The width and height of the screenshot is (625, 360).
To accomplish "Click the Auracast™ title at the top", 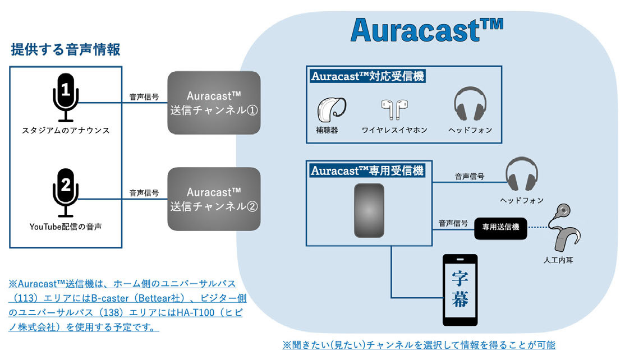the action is [426, 30].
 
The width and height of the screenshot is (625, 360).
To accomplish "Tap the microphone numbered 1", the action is [66, 98].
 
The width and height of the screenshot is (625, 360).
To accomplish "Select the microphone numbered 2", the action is [66, 193].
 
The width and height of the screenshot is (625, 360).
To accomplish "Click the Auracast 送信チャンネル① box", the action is [214, 103].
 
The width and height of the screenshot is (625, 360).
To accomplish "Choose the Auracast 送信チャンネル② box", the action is [214, 199].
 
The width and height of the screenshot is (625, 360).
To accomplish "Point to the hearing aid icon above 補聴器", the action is [331, 109].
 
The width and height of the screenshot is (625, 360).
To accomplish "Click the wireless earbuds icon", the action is [394, 109].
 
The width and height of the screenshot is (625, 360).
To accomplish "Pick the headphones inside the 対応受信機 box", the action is [470, 104].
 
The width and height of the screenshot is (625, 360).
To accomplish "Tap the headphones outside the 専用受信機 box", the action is [522, 174].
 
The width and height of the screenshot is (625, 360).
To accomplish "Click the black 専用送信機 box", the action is [500, 228].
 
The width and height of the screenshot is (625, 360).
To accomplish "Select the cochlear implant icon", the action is [564, 227].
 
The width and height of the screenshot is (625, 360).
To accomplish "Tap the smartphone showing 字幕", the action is [460, 290].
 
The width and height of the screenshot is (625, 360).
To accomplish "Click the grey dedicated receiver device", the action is [369, 210].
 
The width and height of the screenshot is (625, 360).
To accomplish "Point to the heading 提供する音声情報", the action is [66, 50].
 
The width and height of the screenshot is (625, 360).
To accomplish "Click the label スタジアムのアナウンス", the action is [66, 130].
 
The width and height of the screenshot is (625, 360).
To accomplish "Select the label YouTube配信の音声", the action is [66, 227].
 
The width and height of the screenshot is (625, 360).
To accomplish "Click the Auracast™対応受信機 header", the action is [368, 76].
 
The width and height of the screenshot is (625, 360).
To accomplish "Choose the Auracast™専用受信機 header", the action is [367, 171].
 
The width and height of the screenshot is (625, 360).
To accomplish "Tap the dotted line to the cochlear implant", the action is [537, 228].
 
